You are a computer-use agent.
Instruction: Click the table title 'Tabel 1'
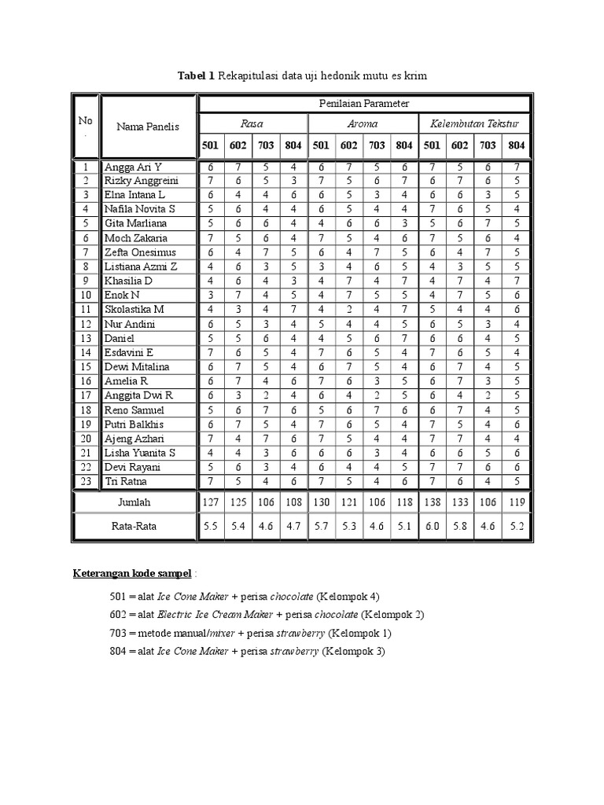[197, 75]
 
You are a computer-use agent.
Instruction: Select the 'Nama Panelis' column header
[148, 127]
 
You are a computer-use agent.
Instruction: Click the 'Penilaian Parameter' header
[364, 103]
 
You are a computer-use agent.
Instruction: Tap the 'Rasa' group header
[252, 124]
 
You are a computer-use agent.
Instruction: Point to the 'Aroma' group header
[362, 124]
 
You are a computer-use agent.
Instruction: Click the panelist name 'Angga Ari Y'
[133, 167]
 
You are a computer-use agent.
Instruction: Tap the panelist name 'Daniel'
[120, 338]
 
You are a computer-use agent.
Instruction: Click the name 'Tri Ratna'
[126, 481]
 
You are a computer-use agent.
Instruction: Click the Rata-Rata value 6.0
[433, 527]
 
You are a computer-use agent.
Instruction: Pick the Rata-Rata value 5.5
[211, 527]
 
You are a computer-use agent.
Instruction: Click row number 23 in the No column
[86, 481]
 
